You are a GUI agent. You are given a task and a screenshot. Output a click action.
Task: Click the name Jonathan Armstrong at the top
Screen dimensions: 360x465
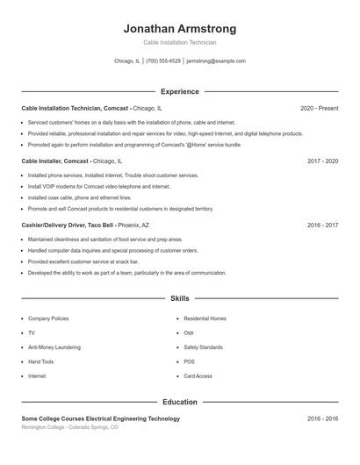(x=180, y=29)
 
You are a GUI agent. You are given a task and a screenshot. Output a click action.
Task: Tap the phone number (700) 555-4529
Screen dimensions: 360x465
(x=163, y=61)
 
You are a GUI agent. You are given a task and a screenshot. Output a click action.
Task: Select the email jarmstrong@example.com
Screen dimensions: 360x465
(x=216, y=61)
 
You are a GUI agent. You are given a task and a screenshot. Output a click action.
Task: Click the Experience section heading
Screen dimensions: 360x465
(x=180, y=91)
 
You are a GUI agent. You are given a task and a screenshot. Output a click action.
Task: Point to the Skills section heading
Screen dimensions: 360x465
(x=180, y=299)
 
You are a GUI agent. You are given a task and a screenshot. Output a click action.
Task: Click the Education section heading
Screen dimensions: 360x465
(x=180, y=402)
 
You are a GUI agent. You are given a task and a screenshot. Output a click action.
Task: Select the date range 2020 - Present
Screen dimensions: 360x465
(x=319, y=108)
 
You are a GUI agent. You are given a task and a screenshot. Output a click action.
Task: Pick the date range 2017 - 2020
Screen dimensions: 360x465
(x=322, y=161)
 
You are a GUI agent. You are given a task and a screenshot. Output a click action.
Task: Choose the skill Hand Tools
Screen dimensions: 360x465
(x=40, y=361)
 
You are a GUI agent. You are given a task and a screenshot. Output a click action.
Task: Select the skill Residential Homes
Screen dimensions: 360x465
(x=205, y=318)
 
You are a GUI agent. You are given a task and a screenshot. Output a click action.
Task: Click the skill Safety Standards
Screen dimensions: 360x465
(x=203, y=347)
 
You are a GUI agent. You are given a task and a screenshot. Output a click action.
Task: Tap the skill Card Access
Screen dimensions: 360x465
(x=198, y=376)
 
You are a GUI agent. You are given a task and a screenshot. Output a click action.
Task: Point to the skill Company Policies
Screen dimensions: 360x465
(x=47, y=318)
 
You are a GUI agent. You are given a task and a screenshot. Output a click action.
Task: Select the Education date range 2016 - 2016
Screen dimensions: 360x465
(x=322, y=419)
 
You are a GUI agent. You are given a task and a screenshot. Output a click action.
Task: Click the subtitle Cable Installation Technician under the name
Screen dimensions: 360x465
(x=180, y=42)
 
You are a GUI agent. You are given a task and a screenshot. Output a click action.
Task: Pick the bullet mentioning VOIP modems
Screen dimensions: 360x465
(x=99, y=187)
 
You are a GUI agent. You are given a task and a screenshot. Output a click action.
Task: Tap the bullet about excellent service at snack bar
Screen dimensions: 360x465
(x=83, y=261)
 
